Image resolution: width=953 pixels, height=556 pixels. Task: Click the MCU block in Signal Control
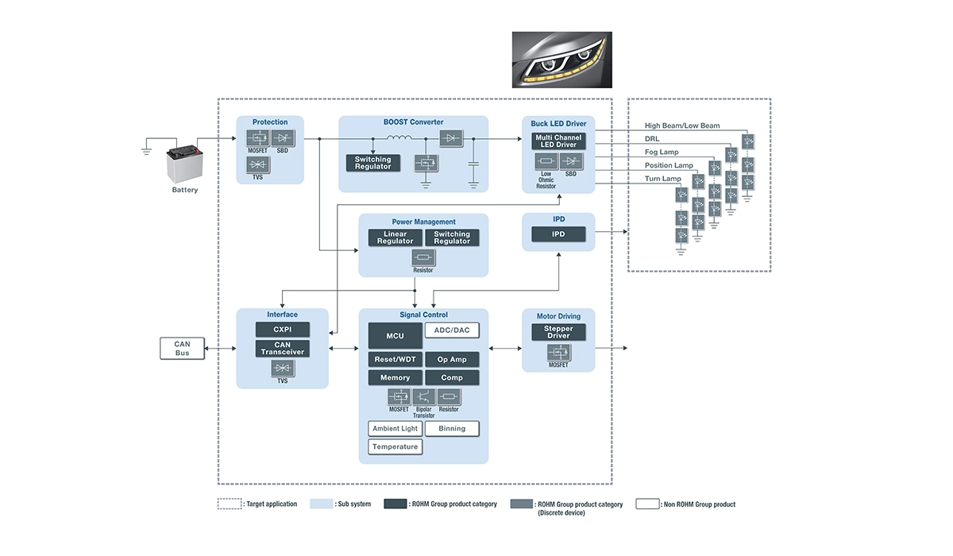point(395,335)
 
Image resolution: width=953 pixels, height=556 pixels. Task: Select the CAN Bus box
point(183,348)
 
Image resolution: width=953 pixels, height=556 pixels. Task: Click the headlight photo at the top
point(561,60)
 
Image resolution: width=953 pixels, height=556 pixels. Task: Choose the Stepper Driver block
point(558,332)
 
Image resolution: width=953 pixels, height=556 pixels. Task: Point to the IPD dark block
point(558,234)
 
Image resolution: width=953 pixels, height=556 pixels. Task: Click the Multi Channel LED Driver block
point(558,141)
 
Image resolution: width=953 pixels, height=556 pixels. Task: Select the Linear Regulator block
point(395,237)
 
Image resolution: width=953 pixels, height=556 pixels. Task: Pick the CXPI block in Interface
point(282,329)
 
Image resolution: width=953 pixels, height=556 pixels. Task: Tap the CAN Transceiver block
point(282,348)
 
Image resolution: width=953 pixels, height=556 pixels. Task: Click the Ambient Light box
point(395,429)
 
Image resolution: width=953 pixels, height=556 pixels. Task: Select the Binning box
point(452,429)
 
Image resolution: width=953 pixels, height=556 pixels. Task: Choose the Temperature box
point(395,446)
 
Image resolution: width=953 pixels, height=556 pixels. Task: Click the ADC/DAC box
point(452,330)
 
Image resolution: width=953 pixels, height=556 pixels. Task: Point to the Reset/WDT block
point(395,359)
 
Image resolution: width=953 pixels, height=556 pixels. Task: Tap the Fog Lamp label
point(662,153)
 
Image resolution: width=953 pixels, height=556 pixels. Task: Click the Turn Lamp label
point(663,179)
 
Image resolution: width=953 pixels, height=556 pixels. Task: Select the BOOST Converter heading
point(413,122)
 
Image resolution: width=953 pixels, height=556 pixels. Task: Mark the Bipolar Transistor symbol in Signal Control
point(423,396)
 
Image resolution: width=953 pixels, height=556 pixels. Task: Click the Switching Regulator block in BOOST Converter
point(372,163)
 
